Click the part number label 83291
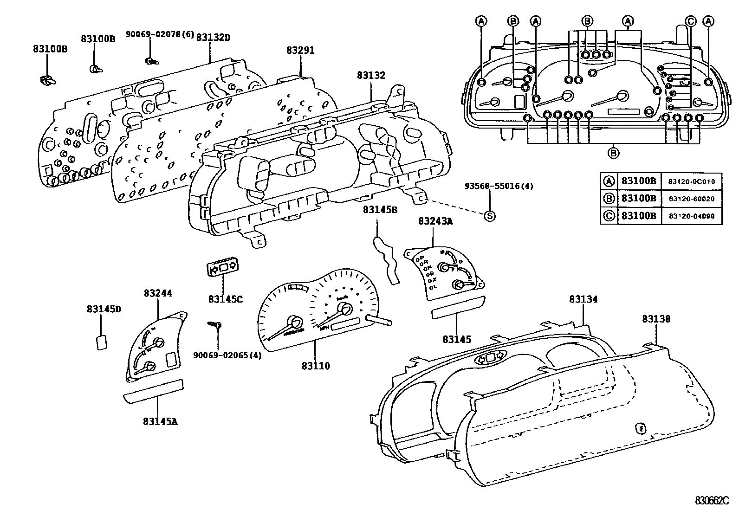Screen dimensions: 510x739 click(x=300, y=51)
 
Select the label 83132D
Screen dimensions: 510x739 click(x=213, y=37)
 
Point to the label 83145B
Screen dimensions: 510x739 click(x=380, y=210)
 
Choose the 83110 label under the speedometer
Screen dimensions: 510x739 click(x=316, y=366)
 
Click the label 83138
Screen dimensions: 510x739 click(x=656, y=319)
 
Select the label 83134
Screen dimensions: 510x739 click(x=583, y=300)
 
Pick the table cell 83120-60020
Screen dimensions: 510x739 click(x=692, y=199)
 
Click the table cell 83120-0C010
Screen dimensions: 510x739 click(x=692, y=181)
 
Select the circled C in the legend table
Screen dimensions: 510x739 click(x=609, y=216)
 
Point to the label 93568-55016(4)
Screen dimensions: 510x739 click(x=499, y=186)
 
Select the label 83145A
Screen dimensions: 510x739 click(x=160, y=421)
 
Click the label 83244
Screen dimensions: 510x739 click(x=158, y=293)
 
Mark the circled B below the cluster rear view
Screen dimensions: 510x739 click(x=613, y=152)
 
